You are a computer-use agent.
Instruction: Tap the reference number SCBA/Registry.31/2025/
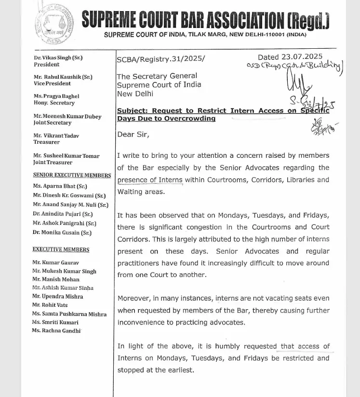(160, 59)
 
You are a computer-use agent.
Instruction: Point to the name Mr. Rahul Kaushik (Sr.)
(63, 77)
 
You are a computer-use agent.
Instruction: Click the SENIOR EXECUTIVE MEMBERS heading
(72, 175)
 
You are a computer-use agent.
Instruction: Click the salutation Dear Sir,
(133, 135)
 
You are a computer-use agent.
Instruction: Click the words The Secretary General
(157, 76)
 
